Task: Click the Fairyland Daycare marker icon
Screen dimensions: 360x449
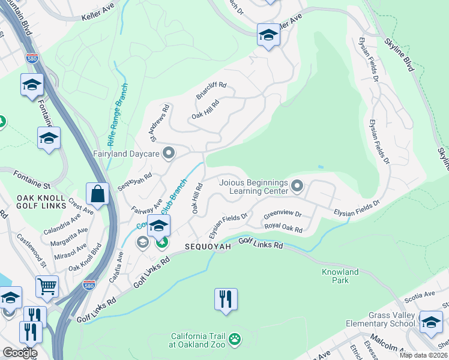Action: (x=169, y=154)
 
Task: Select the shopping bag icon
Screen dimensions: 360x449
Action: (x=97, y=194)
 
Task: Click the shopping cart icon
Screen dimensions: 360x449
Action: (x=47, y=286)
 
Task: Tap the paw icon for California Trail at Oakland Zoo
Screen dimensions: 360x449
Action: (x=235, y=340)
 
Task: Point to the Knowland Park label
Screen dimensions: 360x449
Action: (x=340, y=276)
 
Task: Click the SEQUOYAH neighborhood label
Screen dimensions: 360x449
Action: (x=208, y=247)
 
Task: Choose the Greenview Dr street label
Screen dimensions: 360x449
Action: (x=282, y=214)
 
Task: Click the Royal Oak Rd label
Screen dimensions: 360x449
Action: (x=282, y=227)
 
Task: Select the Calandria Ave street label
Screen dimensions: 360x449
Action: (x=62, y=226)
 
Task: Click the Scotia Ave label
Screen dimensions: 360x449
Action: (x=421, y=295)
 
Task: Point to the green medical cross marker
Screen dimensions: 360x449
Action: (x=161, y=242)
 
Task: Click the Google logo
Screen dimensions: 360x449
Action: (x=20, y=353)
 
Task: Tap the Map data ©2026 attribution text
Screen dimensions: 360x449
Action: (x=423, y=355)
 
